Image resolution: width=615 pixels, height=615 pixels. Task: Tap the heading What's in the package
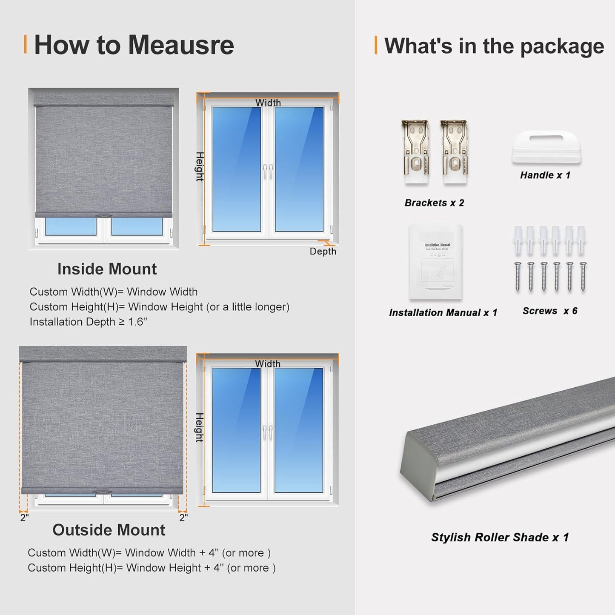494,46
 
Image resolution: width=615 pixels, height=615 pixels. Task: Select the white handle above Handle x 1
546,147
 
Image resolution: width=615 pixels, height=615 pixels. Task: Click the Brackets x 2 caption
434,203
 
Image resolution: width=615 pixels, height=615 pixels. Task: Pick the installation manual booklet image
435,262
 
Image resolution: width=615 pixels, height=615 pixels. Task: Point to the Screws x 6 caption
549,311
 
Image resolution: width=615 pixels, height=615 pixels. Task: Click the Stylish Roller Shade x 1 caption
500,537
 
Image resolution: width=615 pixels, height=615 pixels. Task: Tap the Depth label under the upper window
323,252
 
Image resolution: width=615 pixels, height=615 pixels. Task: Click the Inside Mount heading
107,269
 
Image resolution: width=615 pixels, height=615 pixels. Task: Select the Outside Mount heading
109,530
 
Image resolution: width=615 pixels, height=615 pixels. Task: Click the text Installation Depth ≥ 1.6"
88,322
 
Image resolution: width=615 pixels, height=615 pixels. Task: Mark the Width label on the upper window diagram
268,103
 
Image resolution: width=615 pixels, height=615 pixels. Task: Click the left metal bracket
415,152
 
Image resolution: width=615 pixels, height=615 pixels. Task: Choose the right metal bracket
454,152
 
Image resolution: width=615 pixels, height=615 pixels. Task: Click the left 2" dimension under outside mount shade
24,518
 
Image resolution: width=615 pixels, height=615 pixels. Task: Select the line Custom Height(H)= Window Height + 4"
151,568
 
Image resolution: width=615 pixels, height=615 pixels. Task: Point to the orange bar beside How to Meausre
25,45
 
